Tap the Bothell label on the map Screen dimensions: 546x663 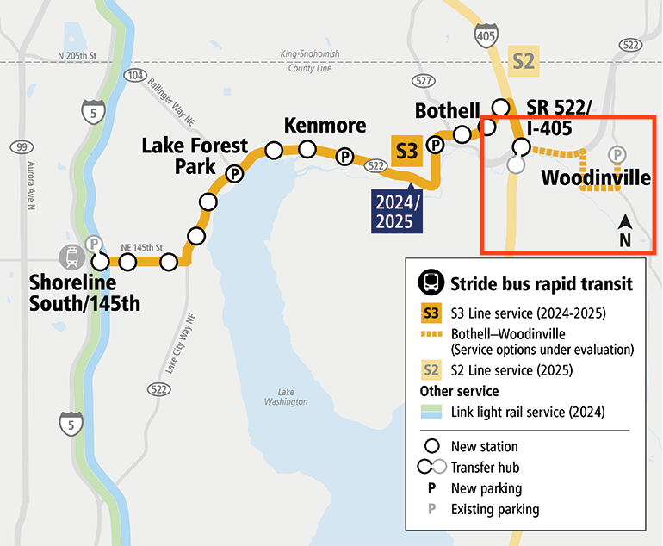click(447, 111)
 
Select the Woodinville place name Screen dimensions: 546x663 click(595, 178)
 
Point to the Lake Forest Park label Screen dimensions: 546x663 click(195, 155)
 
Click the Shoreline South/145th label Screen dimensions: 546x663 click(84, 292)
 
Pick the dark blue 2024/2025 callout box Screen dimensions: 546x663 click(399, 209)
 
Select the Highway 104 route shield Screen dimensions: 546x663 click(136, 76)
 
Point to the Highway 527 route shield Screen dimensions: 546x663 click(422, 80)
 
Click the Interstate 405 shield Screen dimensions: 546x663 click(485, 35)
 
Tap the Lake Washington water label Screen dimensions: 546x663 click(287, 396)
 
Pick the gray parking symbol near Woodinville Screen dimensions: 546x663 click(617, 155)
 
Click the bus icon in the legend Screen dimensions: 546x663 click(429, 282)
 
